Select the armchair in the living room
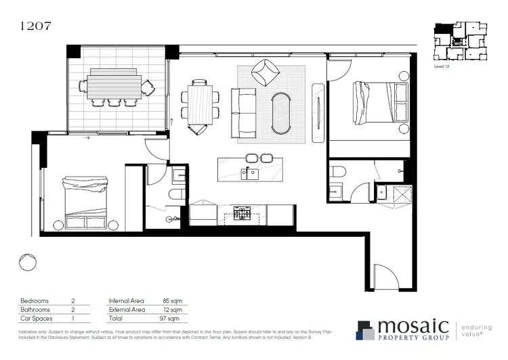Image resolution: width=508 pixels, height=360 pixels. click(264, 71)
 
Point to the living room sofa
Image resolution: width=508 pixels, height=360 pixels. click(242, 113)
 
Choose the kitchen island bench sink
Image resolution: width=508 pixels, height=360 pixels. click(253, 174)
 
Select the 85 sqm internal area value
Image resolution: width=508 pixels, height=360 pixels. click(169, 300)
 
